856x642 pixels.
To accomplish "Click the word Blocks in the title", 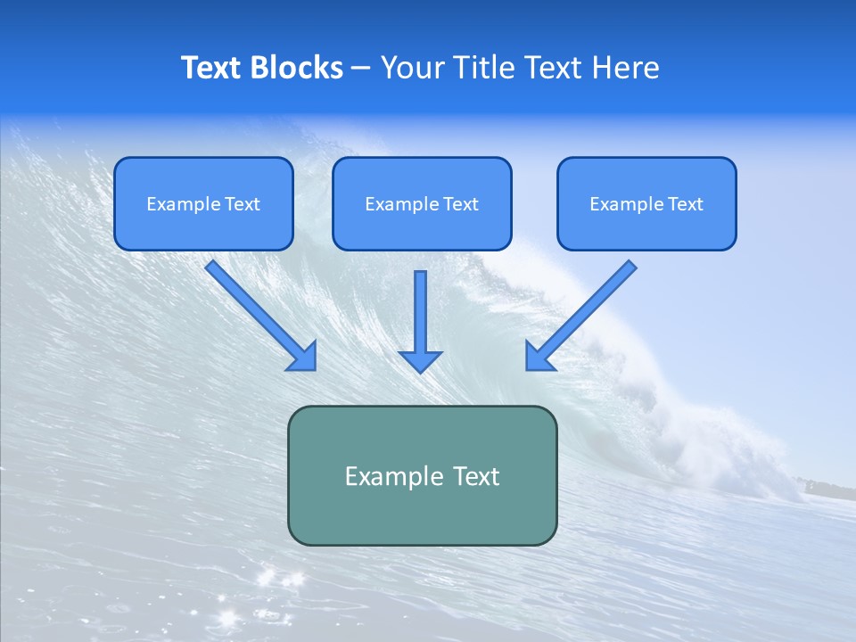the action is (297, 68).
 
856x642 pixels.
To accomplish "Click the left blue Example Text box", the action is (203, 203).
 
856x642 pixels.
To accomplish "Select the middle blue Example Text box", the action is (422, 203).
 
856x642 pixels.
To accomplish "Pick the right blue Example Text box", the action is (647, 203).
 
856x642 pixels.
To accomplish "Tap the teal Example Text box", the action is (423, 475).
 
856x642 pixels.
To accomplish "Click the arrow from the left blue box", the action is (261, 316).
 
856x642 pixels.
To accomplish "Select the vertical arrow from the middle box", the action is (420, 322).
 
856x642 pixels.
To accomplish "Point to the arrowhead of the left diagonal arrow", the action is (305, 359).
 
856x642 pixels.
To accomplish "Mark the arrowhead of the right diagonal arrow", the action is (537, 359).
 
